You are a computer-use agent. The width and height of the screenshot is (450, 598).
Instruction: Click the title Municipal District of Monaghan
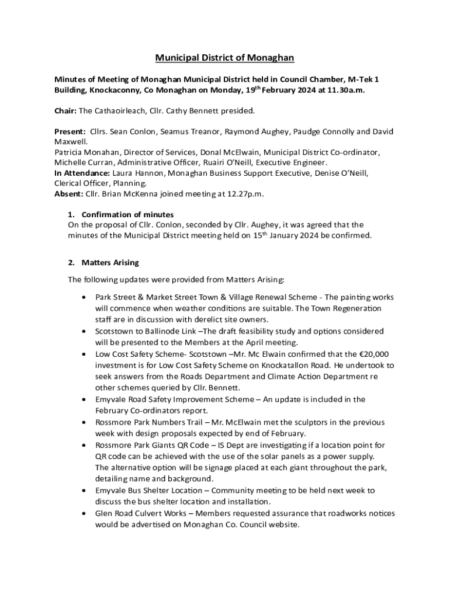tap(224, 58)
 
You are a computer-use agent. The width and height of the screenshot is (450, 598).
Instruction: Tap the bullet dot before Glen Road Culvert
tap(85, 514)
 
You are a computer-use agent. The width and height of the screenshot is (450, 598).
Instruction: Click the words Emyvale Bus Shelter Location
tap(146, 490)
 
